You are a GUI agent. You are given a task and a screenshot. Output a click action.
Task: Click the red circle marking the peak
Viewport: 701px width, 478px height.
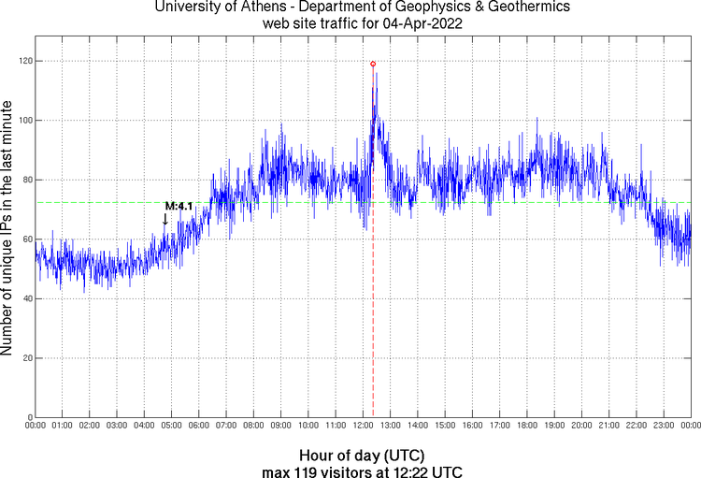point(373,64)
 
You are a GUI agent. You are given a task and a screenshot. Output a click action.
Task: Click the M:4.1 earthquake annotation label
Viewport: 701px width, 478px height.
point(179,206)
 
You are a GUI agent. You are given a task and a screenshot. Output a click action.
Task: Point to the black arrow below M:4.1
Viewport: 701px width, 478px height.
point(165,219)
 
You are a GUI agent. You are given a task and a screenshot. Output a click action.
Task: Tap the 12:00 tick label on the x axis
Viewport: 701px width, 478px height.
point(363,427)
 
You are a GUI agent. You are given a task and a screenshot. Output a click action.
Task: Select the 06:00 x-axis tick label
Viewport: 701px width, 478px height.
point(199,427)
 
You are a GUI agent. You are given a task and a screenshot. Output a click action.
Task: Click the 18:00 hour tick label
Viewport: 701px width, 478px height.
point(527,427)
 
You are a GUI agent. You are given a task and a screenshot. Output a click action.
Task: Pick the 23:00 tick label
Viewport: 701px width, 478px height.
point(664,427)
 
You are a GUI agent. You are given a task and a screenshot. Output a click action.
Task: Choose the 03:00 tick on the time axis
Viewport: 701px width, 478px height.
point(117,427)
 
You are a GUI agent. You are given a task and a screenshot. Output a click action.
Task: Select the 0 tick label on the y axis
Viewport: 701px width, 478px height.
point(28,417)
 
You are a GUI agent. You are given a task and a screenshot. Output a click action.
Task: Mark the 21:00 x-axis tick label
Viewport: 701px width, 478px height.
point(608,427)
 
